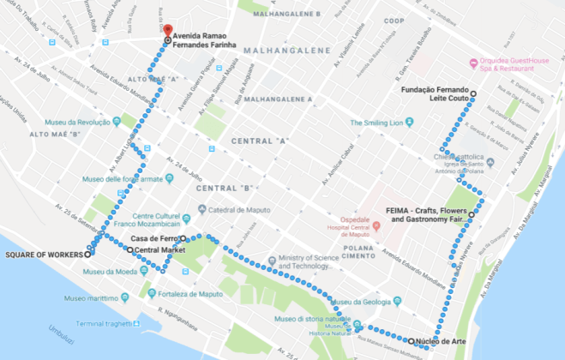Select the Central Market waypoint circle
coord(130,250)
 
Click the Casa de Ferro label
coord(154,238)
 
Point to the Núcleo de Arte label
coord(442,341)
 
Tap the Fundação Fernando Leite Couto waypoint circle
coord(472,92)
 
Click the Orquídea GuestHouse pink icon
coord(472,62)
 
